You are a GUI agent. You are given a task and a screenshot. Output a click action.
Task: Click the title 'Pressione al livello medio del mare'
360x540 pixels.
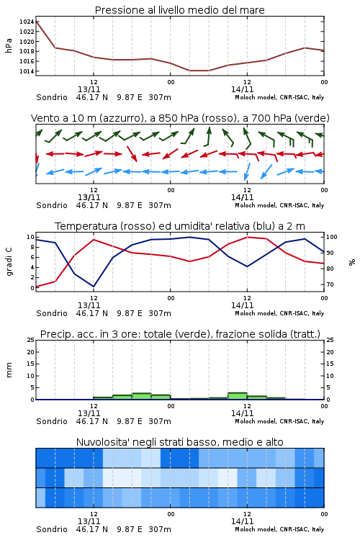(x=179, y=10)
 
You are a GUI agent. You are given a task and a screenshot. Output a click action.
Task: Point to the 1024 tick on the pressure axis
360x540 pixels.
(x=27, y=22)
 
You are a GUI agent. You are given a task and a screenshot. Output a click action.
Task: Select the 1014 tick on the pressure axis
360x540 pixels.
(x=27, y=71)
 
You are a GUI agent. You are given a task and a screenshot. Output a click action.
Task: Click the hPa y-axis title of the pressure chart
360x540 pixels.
(x=9, y=46)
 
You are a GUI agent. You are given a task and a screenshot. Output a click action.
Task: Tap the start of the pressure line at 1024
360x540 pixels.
(x=36, y=22)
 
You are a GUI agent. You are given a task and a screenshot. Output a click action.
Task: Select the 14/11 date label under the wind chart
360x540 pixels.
(x=242, y=197)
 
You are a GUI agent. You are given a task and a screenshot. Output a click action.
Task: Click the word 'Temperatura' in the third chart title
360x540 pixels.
(x=86, y=226)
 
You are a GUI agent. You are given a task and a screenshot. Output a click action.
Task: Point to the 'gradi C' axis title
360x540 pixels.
(x=9, y=262)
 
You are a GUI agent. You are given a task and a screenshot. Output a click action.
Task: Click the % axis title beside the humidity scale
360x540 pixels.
(x=352, y=262)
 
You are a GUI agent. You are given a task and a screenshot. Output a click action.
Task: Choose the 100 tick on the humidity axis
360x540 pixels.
(x=332, y=237)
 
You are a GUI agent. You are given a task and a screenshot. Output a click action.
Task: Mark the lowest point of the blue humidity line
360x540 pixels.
(x=94, y=287)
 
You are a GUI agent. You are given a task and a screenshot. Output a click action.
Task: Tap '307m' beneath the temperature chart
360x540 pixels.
(x=160, y=313)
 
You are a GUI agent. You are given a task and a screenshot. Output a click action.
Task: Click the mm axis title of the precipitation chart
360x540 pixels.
(x=9, y=370)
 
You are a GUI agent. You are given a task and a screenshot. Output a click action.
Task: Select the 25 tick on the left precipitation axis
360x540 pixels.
(x=31, y=340)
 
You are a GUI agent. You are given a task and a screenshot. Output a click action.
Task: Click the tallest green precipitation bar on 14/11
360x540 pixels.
(x=238, y=396)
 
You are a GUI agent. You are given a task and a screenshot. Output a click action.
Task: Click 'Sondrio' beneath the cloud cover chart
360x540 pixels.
(x=52, y=529)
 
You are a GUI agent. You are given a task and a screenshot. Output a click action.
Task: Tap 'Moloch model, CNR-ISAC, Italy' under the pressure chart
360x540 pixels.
(x=279, y=97)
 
